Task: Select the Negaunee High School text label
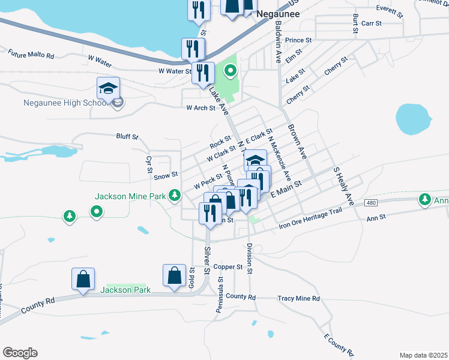(65, 103)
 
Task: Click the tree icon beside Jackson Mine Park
(175, 194)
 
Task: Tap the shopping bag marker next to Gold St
(174, 277)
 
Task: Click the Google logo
(20, 353)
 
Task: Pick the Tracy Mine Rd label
(299, 298)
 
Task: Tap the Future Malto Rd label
(31, 55)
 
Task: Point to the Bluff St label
(127, 137)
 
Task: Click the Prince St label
(298, 40)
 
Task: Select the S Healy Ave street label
(342, 184)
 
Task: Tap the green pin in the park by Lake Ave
(230, 72)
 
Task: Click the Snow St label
(166, 175)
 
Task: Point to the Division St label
(249, 258)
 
